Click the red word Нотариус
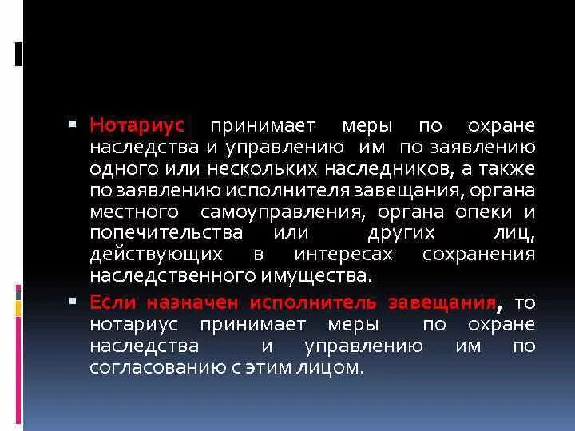click(x=137, y=126)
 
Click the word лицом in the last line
click(x=335, y=368)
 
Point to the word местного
click(x=133, y=212)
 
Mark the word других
click(x=402, y=233)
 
